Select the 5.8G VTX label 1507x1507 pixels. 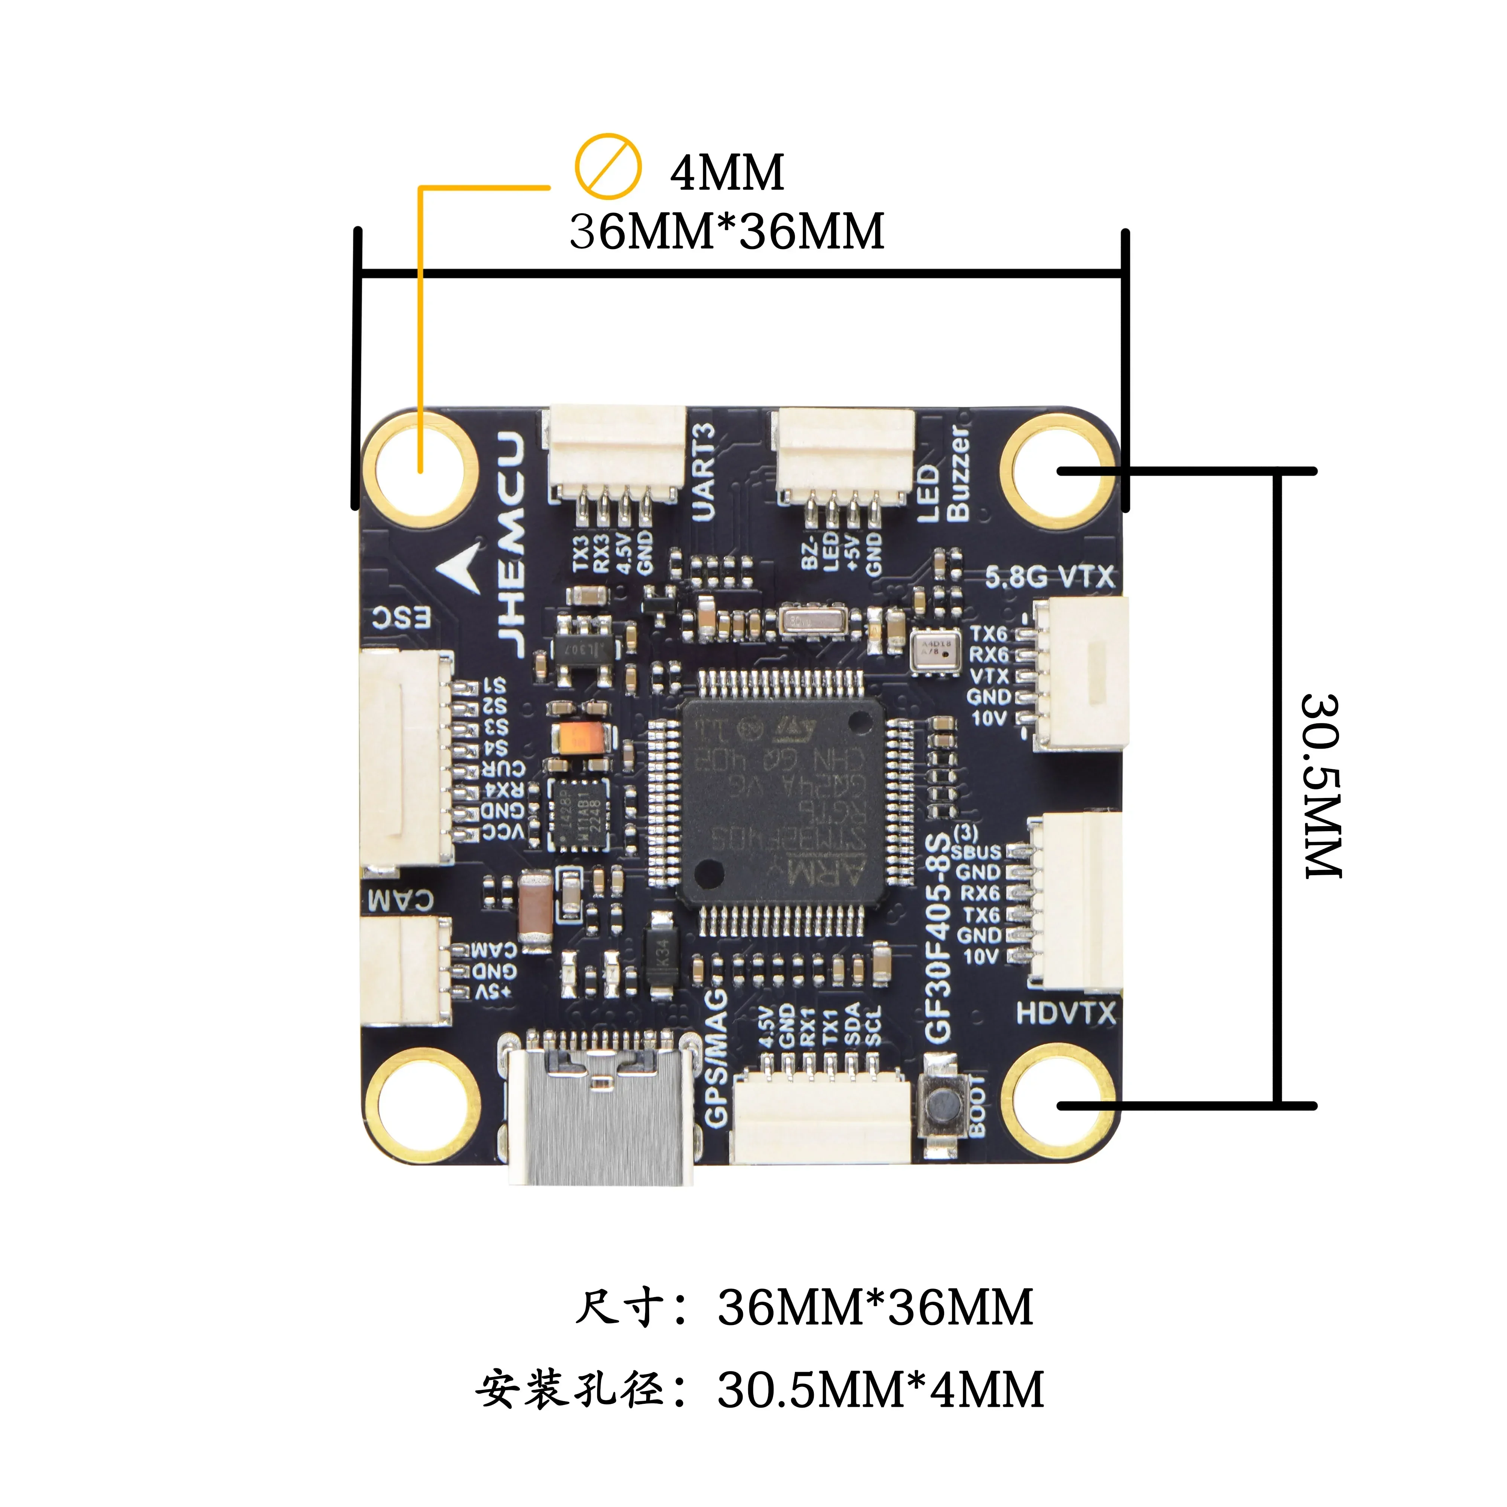pyautogui.click(x=1049, y=577)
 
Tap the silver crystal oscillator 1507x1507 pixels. pyautogui.click(x=811, y=621)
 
